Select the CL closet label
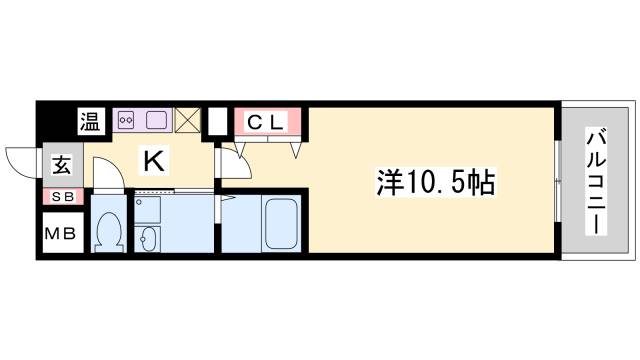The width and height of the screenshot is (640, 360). (x=267, y=122)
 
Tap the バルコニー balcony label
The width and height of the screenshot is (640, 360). (x=595, y=181)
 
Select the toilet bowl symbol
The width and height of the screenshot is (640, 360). (x=107, y=230)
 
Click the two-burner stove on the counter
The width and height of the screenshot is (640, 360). (x=127, y=120)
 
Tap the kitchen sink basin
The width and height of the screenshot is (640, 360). (x=156, y=120)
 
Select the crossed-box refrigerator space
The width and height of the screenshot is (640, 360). (x=188, y=120)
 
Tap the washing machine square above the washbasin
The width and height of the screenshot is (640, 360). (x=148, y=207)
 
